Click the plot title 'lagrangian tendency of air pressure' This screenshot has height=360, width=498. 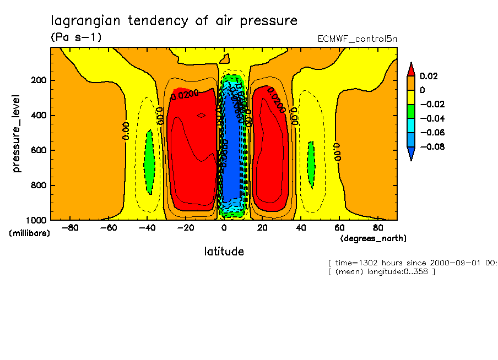(174, 21)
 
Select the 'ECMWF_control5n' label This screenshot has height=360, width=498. (357, 39)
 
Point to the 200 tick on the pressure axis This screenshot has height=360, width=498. (38, 80)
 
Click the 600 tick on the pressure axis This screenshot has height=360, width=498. (38, 150)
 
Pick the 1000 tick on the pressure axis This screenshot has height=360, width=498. (36, 220)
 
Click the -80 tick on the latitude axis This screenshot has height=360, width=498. (69, 227)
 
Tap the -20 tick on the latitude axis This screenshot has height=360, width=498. (185, 227)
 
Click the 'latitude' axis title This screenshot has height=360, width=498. (224, 252)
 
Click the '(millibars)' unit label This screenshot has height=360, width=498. (29, 233)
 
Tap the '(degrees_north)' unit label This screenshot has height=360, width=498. (373, 238)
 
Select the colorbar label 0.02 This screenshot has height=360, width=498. (428, 76)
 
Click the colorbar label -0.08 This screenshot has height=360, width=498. (431, 147)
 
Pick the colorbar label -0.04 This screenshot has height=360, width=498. (431, 118)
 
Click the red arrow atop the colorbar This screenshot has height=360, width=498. (410, 69)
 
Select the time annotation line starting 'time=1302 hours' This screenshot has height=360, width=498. (412, 263)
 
